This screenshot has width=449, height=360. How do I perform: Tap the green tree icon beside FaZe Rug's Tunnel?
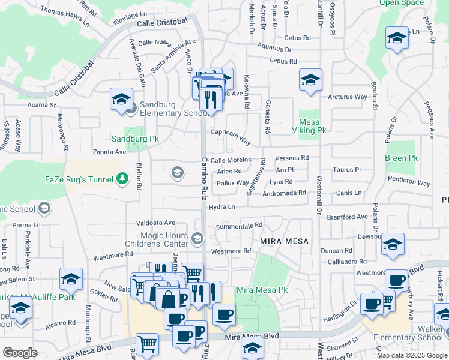pos(122,178)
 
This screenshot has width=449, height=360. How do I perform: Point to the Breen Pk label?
pos(401,158)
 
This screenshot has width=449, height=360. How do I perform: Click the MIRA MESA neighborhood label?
pos(284,241)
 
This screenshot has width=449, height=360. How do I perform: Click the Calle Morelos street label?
pos(231,160)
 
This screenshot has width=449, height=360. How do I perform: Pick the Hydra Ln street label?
pos(221,207)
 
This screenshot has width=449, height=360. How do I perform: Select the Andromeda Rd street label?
pos(285,193)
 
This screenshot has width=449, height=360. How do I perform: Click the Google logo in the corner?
pos(20,353)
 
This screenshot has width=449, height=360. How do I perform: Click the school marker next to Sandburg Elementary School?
pos(121,100)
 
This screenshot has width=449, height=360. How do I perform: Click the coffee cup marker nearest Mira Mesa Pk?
pos(224,314)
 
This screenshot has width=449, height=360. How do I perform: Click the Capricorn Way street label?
pos(230,137)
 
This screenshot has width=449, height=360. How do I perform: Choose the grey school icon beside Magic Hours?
pos(197,240)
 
